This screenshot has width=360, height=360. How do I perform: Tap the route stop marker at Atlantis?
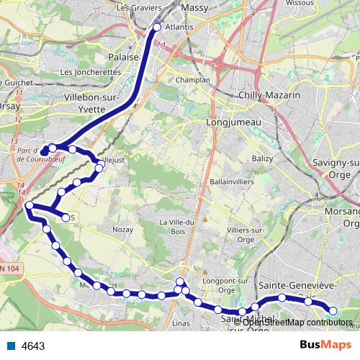click(158, 28)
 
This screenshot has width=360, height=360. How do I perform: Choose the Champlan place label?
click(194, 80)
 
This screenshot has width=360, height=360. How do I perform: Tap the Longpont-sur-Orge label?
click(222, 272)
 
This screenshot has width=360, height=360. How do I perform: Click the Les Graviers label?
click(138, 8)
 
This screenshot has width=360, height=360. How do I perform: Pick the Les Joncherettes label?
click(91, 72)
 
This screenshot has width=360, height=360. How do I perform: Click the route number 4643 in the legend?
click(33, 346)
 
